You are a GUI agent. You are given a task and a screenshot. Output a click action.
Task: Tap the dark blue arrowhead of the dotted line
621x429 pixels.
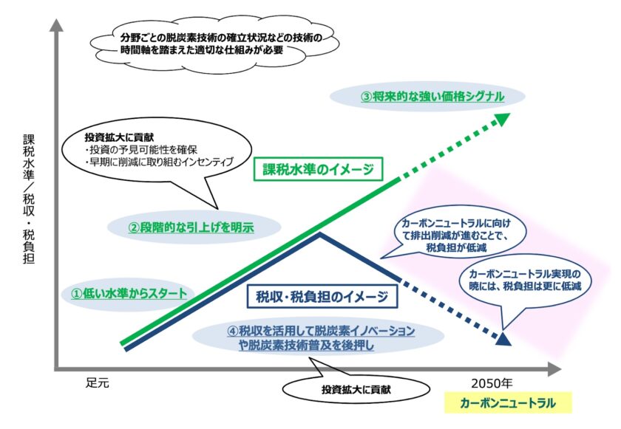point(503,339)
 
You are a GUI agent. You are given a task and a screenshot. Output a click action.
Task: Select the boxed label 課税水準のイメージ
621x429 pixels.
point(322,168)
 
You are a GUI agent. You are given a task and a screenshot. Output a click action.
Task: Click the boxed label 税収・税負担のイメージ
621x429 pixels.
point(322,298)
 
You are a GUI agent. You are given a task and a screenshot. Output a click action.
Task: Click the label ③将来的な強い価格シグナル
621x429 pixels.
point(427,96)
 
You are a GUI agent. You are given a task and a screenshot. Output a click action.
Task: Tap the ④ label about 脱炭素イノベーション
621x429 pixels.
point(320,337)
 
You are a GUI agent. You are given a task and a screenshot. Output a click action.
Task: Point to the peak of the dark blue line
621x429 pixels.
point(319,236)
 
